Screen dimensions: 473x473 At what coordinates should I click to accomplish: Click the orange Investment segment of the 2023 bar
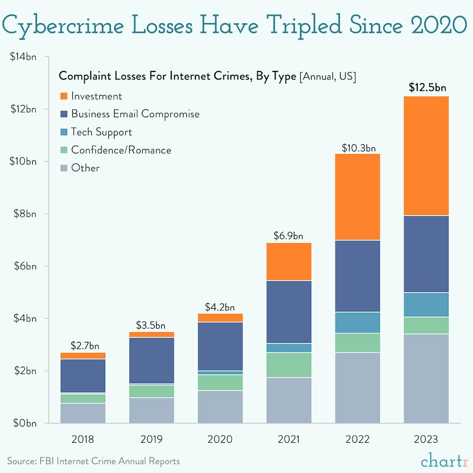(426, 156)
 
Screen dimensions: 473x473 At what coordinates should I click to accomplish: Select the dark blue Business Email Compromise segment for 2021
(289, 312)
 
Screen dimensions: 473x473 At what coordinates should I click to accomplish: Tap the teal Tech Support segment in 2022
(357, 323)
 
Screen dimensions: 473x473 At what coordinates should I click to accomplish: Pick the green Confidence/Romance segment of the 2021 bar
(289, 365)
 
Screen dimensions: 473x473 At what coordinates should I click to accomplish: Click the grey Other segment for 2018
(83, 413)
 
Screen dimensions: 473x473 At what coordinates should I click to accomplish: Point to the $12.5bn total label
(428, 88)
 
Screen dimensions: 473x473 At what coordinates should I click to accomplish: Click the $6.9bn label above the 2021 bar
(289, 235)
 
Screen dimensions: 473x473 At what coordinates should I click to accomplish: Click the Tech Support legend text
(101, 132)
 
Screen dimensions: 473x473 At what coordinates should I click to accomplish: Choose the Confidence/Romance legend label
(121, 150)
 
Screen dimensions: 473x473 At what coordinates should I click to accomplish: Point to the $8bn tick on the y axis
(23, 214)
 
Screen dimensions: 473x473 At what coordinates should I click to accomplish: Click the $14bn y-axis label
(23, 57)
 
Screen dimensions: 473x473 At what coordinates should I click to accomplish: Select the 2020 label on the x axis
(220, 439)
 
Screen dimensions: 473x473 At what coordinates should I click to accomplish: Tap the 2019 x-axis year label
(151, 439)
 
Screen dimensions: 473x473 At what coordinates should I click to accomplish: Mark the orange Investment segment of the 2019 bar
(151, 334)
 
